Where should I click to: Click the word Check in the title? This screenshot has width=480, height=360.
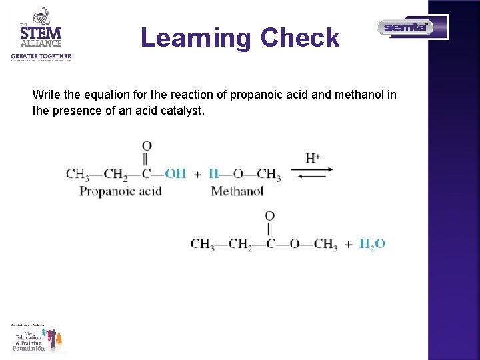(300, 37)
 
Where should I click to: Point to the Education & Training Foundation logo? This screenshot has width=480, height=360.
(39, 337)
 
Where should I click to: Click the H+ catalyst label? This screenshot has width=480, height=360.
(313, 158)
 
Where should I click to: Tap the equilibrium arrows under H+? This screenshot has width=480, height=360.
(312, 173)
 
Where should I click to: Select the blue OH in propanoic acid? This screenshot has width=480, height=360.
(175, 174)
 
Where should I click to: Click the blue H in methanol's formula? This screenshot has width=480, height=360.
(213, 174)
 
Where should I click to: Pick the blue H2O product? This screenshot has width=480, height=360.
(372, 244)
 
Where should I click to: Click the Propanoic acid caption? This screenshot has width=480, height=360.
(121, 191)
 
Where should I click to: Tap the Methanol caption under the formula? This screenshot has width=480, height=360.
(237, 191)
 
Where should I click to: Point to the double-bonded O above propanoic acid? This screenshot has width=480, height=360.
(147, 146)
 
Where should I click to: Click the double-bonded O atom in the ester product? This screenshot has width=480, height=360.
(270, 216)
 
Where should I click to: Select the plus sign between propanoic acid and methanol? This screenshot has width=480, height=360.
(197, 175)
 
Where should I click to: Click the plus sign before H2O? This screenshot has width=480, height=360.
(349, 245)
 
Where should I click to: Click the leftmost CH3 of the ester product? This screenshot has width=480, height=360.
(201, 244)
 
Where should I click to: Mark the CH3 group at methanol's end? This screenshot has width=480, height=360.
(269, 175)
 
